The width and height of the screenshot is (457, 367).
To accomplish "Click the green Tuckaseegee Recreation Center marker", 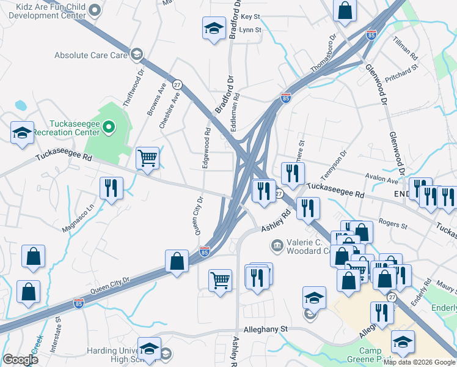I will coord(109,127).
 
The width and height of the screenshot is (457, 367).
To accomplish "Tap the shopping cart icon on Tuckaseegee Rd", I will coord(147,158).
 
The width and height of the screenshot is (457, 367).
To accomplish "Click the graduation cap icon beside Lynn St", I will coord(214,28).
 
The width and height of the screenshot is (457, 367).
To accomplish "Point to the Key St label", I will coord(250,17).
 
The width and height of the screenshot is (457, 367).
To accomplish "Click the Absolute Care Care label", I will coord(91,55).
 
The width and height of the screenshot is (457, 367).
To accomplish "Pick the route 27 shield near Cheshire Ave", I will coord(177,84).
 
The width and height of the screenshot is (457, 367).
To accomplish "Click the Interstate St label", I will coord(59,327).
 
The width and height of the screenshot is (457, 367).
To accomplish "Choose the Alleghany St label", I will coord(266,329).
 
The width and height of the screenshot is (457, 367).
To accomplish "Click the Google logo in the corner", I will coord(20,360).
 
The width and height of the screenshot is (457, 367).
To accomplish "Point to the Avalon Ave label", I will coord(382,180).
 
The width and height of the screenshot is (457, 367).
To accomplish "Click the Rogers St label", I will coord(393,225).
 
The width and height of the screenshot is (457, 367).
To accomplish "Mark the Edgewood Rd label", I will coord(207,147).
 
